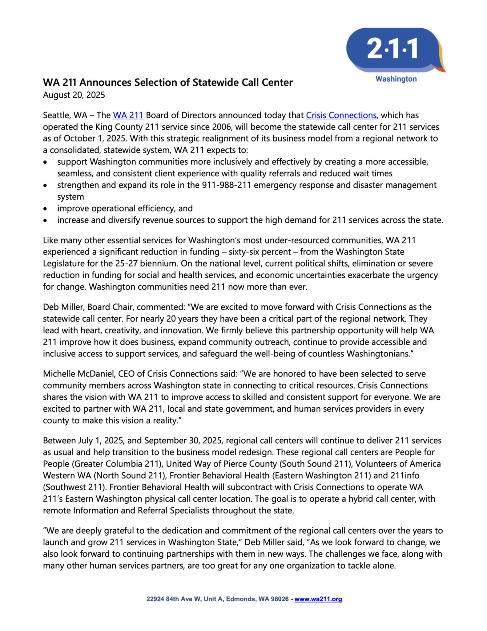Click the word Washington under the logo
396,79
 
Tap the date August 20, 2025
74,95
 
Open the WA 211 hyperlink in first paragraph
128,115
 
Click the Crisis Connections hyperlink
341,115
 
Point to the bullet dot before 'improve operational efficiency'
46,209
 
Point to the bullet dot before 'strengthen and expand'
46,185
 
